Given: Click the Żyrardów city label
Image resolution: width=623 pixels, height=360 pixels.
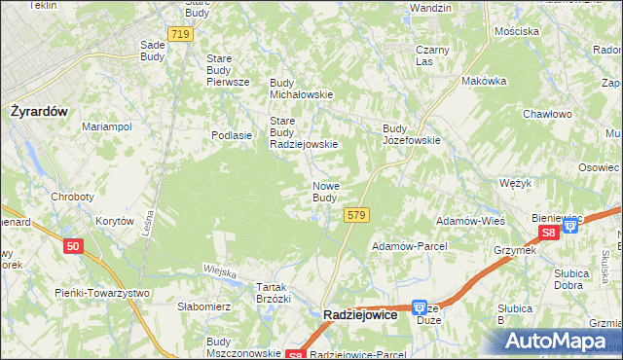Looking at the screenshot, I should click(x=38, y=111).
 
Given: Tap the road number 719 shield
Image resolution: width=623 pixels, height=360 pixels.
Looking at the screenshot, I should click(x=179, y=34).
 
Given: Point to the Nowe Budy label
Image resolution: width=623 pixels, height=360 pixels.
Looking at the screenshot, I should click(x=325, y=192).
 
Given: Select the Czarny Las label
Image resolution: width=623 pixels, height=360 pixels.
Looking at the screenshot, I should click(x=430, y=54).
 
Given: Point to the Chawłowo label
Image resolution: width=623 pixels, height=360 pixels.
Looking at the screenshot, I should click(x=546, y=114).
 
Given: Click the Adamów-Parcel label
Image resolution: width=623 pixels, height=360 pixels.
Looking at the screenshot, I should click(x=409, y=246).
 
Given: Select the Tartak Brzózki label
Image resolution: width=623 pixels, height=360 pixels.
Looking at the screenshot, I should click(x=274, y=293).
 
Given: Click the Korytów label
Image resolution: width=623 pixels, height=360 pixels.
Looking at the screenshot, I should click(x=114, y=221).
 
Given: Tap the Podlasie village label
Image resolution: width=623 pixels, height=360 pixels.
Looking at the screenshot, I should click(x=233, y=136).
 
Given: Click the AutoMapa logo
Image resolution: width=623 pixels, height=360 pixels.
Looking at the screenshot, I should click(x=558, y=342).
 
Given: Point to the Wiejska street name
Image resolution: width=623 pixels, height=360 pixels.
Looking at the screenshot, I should click(x=220, y=271).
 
